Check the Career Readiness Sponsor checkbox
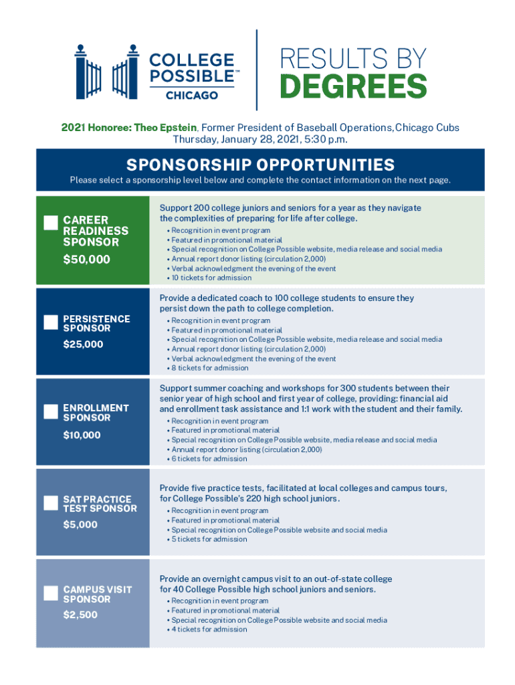click(50, 223)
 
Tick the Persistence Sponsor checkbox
click(50, 322)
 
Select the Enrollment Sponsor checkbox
click(50, 411)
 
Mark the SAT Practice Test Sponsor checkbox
click(50, 502)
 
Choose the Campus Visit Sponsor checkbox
click(50, 593)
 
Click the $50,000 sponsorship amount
click(86, 260)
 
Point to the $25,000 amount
click(84, 345)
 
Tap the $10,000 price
click(82, 435)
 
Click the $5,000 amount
click(80, 524)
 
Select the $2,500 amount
click(80, 615)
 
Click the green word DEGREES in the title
click(352, 86)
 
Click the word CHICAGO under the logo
click(192, 96)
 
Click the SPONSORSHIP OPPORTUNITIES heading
click(260, 165)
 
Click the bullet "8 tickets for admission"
click(210, 368)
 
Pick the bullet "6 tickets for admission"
click(209, 459)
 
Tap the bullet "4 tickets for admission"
click(209, 629)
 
